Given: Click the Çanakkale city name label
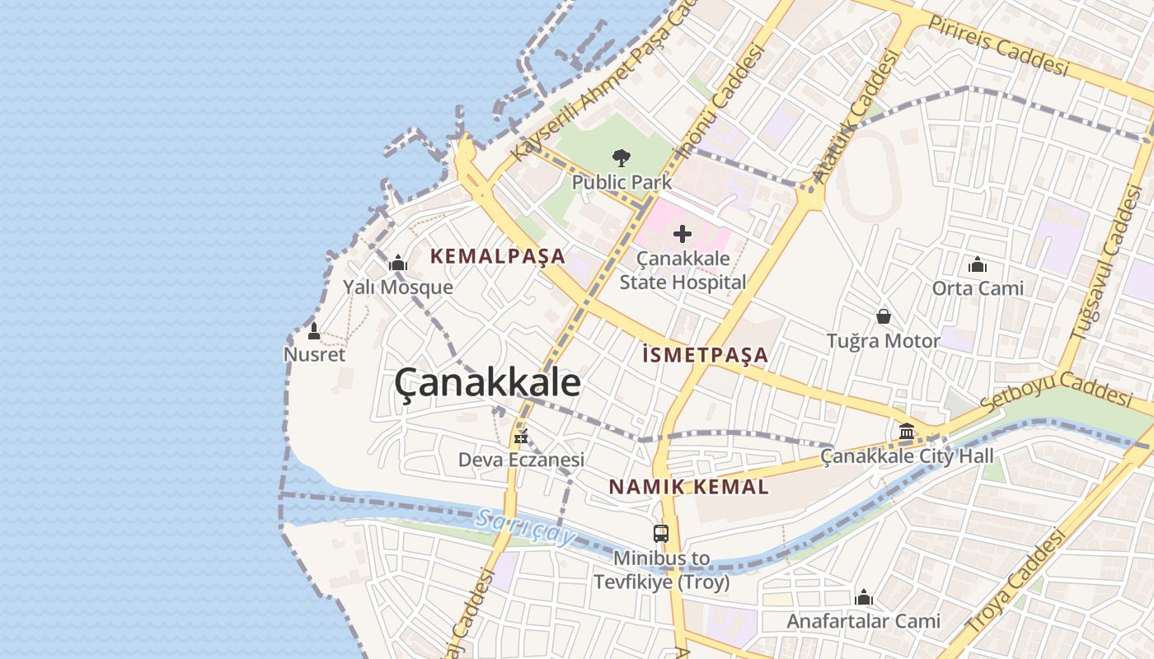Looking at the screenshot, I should click(487, 383).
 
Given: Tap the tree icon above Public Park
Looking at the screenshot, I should click(622, 157).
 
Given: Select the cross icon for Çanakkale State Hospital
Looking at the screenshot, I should click(683, 234).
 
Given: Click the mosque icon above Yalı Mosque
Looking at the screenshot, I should click(398, 263).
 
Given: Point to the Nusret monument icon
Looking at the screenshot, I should click(313, 331).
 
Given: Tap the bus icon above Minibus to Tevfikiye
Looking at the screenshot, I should click(661, 533).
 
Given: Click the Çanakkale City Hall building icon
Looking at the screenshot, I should click(907, 431).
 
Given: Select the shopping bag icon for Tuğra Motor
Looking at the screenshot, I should click(884, 316).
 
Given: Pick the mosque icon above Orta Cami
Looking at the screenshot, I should click(978, 264).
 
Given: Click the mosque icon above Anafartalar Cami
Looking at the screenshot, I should click(864, 596).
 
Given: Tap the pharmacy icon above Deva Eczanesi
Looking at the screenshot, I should click(520, 436).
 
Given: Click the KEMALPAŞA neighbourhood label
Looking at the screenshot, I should click(498, 256).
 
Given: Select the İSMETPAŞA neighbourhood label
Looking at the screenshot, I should click(705, 355).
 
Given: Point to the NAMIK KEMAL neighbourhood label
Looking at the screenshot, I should click(689, 487).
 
